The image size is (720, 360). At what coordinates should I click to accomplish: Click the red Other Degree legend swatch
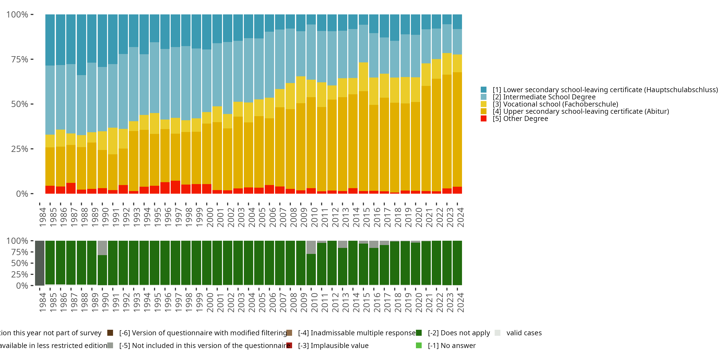coord(484,119)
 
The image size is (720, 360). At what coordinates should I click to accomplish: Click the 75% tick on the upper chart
coord(20,59)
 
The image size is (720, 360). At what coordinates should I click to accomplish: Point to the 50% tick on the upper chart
coord(20,104)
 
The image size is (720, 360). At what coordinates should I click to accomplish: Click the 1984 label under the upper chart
coord(42,217)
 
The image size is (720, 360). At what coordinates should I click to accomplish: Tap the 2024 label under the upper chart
coord(460,217)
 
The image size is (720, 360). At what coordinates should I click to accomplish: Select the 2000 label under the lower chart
coord(210,302)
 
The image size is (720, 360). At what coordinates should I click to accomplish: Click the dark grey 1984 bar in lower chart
coord(40,263)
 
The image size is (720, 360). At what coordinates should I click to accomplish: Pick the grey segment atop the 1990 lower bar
coord(102,248)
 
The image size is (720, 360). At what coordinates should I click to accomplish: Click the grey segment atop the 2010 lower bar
coord(311,247)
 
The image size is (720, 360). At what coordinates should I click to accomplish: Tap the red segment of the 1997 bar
coord(175,187)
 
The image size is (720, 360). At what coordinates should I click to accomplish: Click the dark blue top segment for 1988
coord(81,45)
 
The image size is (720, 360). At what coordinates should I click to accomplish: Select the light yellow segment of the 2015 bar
coord(363,77)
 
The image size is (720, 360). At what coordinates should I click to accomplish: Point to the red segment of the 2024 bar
coord(457,190)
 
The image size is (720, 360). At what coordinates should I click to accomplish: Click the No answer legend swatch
coord(419,345)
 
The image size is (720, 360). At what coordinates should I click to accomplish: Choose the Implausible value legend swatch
coord(289,345)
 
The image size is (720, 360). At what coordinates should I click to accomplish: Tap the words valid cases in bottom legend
coord(524,333)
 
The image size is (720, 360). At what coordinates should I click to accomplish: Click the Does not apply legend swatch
coord(419,333)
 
